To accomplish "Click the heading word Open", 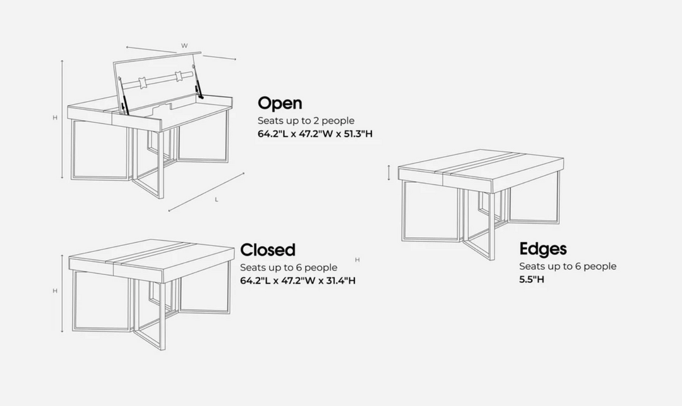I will point(280,103).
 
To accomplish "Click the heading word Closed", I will point(268,250).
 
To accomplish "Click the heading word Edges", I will point(543,249).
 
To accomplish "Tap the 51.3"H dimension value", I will point(359,134).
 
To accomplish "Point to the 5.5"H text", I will point(532,280).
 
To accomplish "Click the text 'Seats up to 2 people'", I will point(306,120).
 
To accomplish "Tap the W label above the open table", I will point(184,46).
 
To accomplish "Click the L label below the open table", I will point(217,199).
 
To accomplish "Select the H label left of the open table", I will point(55,118).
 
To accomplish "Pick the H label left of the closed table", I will point(55,291).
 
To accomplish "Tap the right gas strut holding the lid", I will point(198,87).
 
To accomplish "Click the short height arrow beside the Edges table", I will point(389,173).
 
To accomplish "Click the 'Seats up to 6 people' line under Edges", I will point(568,266).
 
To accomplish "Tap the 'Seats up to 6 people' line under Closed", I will point(289,268).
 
